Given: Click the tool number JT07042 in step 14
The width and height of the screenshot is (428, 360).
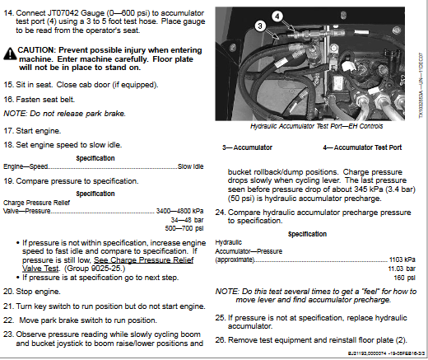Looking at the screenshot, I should pos(63,7).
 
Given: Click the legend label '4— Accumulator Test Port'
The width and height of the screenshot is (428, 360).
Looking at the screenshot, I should pos(362,147).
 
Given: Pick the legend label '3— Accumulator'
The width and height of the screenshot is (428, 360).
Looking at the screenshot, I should pos(247,147).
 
